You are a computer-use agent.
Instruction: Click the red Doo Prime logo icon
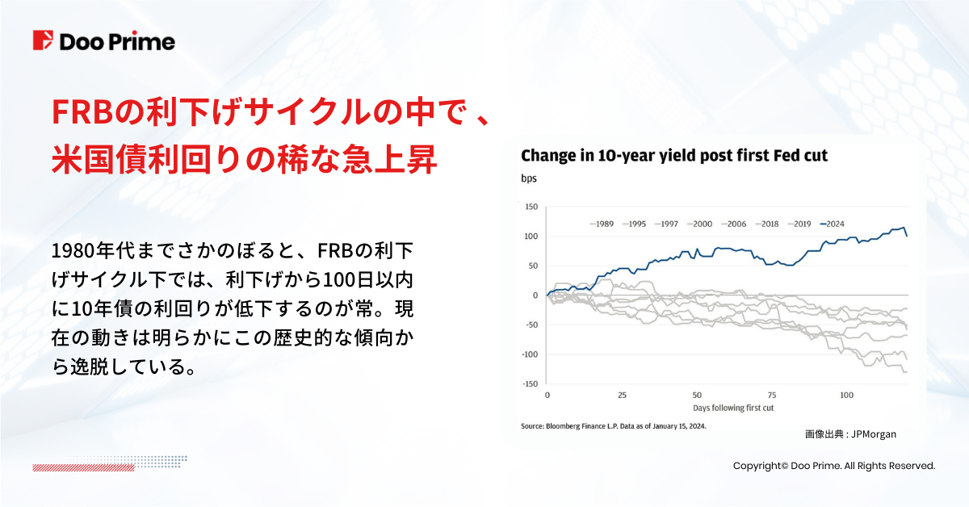tap(43, 41)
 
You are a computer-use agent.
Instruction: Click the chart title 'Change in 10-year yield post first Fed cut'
tap(674, 155)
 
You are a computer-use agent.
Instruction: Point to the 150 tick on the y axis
tap(530, 207)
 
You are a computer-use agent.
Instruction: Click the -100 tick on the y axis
tap(528, 354)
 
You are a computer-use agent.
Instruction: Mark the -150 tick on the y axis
tap(528, 384)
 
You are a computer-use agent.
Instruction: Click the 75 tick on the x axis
tap(771, 396)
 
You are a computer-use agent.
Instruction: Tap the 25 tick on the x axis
tap(622, 396)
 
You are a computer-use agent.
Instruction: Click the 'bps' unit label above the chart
tap(528, 178)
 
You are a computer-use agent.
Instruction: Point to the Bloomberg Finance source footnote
tap(614, 425)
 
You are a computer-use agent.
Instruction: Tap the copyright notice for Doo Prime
tap(833, 466)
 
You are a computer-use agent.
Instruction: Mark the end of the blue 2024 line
tap(906, 236)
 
